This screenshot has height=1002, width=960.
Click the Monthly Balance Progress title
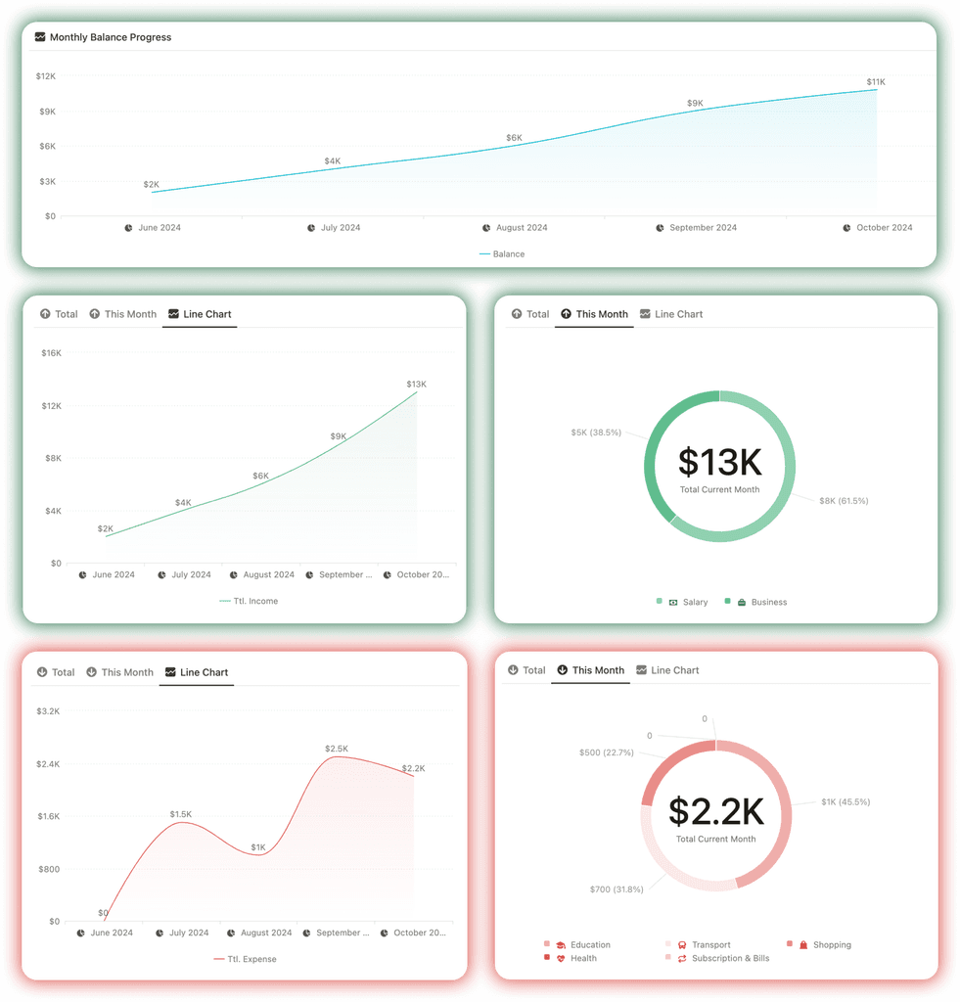click(110, 37)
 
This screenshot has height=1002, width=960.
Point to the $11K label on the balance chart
click(875, 82)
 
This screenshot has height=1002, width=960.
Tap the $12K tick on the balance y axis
click(46, 76)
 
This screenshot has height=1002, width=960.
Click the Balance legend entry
click(508, 254)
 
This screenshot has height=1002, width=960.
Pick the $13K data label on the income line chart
click(416, 385)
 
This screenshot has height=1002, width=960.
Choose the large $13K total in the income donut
click(719, 462)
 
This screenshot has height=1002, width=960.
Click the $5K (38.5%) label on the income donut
click(596, 433)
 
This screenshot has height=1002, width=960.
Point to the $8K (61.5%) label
click(844, 501)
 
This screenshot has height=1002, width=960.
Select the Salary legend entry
click(695, 603)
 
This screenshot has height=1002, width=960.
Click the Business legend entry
click(768, 603)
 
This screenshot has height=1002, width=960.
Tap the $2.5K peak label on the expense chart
click(336, 749)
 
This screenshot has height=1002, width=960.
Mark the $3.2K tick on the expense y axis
click(47, 710)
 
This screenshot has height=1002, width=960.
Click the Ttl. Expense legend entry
click(251, 959)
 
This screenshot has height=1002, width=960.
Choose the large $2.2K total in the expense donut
click(715, 812)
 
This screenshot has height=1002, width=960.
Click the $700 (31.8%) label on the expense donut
click(617, 889)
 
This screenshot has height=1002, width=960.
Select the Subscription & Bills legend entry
click(730, 959)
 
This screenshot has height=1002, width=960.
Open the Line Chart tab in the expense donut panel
click(674, 670)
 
